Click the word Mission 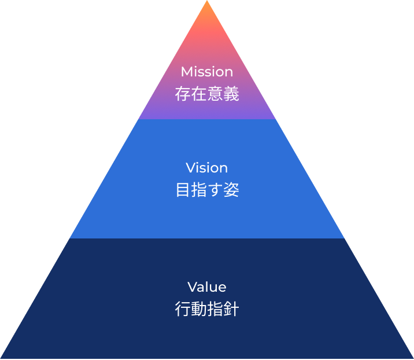point(207,72)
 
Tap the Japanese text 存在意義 point(207,94)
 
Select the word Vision point(207,168)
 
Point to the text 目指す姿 point(207,190)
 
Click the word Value point(207,287)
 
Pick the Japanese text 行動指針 point(207,309)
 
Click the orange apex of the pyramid point(207,7)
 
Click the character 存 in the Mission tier point(183,94)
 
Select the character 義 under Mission point(231,94)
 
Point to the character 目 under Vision point(183,190)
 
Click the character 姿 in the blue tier point(231,190)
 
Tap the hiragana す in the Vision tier point(215,190)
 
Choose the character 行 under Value point(183,309)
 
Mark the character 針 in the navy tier point(231,309)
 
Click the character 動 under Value point(199,309)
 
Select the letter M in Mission point(186,72)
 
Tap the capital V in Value point(192,287)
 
